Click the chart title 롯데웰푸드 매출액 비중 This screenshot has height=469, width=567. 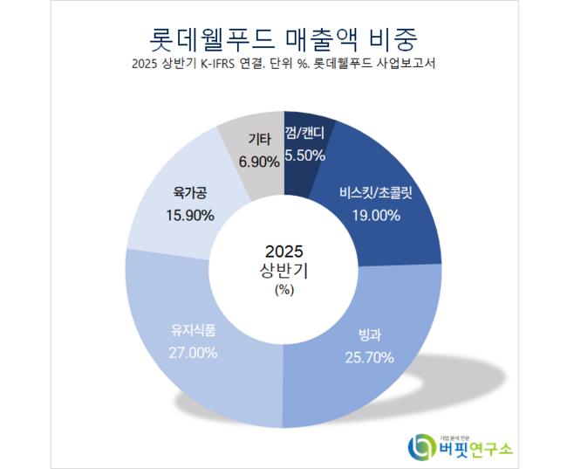(283, 38)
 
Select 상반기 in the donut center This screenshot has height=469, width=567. (284, 270)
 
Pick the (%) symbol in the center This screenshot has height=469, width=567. (284, 289)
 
